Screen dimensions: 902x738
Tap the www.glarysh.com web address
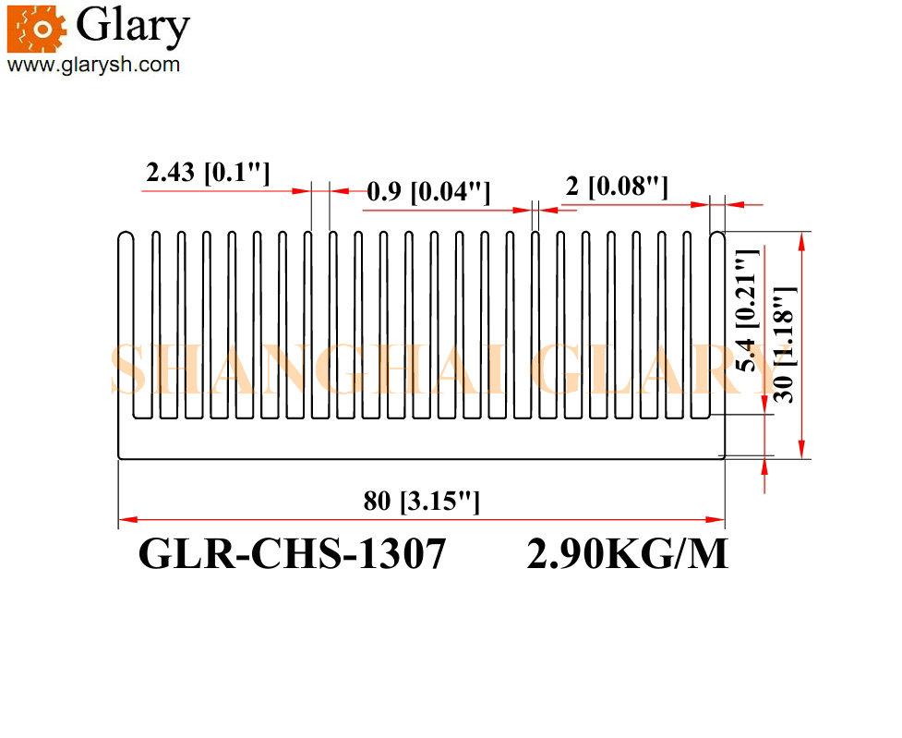coord(94,65)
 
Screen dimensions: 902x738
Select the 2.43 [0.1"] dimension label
coord(208,172)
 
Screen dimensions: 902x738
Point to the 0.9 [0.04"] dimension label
coord(428,191)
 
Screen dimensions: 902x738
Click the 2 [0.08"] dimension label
coord(617,187)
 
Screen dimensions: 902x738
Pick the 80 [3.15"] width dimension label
coord(421,501)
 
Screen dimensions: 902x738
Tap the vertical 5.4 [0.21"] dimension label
coord(748,310)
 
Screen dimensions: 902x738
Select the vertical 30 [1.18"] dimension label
coord(784,345)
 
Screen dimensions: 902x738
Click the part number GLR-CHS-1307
coord(293,554)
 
